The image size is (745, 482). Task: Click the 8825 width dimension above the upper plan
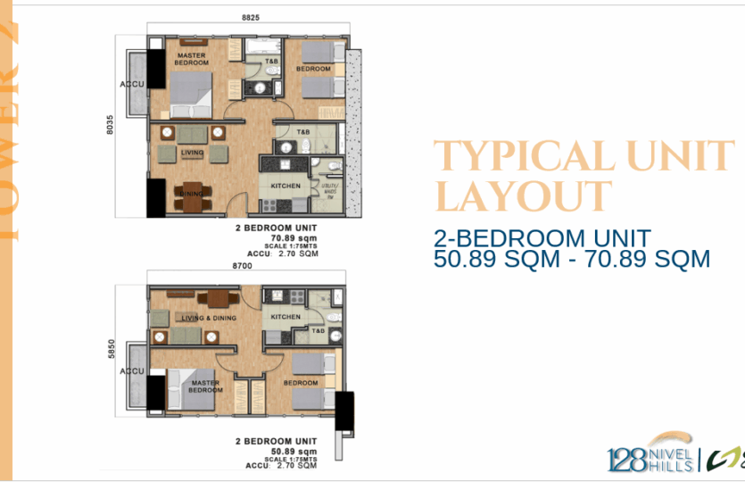coord(250,17)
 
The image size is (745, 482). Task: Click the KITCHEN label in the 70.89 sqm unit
coord(285,186)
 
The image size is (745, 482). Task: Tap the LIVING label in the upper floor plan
coord(193,153)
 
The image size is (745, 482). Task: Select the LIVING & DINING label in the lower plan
coord(207,318)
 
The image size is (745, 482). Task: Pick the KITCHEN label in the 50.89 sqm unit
coord(286,317)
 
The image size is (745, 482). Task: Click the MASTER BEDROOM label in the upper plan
coord(191,59)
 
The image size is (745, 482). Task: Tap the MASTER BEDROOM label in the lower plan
coord(205,386)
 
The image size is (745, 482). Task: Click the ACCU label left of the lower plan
coord(135,370)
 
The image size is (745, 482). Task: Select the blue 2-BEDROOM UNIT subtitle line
coord(542,238)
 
